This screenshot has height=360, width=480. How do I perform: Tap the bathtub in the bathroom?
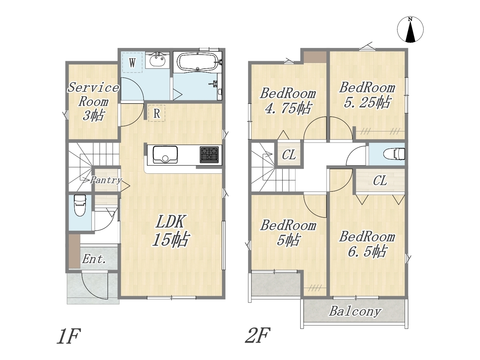click(198, 62)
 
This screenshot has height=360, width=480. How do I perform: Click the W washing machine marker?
click(132, 63)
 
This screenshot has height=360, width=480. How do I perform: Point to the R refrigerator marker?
click(157, 114)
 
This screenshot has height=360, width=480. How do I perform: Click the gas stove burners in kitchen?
click(209, 155)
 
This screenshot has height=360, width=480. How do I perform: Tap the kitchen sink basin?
click(165, 154)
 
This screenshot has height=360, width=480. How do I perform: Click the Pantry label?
click(106, 180)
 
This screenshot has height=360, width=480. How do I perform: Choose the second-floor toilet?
click(394, 154)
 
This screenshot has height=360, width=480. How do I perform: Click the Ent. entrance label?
click(94, 259)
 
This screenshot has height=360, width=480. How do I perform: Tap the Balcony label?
click(355, 311)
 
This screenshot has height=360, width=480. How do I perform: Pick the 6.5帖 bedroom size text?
click(367, 251)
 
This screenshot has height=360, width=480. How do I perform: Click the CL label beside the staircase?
click(289, 155)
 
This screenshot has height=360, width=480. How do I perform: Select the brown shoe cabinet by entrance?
click(74, 251)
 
